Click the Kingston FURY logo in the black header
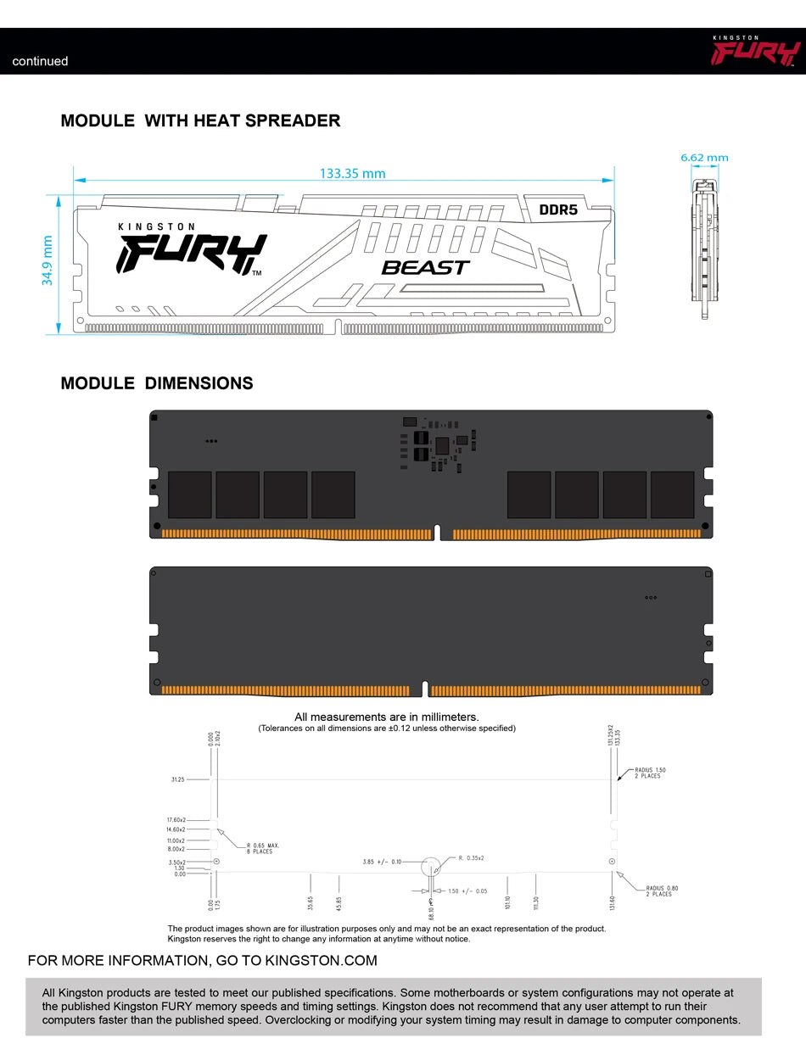756,52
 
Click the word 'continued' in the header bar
40,61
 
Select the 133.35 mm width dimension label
352,174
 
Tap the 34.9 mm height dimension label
48,260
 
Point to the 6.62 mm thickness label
704,158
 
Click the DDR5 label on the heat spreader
558,209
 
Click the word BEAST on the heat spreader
425,267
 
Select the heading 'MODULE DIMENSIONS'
157,383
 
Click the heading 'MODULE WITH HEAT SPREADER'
200,120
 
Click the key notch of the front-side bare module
437,532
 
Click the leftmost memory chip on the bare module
190,494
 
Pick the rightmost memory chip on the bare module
672,494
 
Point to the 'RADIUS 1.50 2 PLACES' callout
650,773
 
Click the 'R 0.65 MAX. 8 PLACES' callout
263,848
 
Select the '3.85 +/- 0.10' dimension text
382,862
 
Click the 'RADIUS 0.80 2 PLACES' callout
662,890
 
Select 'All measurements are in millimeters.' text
386,717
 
